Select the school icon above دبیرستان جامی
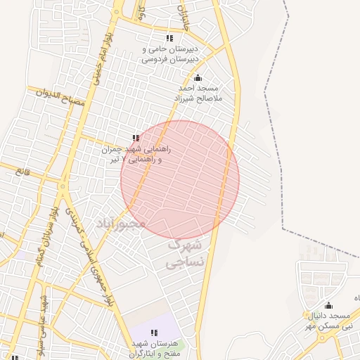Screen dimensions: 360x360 [169, 38]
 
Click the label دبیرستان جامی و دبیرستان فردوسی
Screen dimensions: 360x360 [168, 55]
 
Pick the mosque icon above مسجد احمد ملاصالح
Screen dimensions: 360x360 [198, 78]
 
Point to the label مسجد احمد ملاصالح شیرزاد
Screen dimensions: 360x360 [198, 94]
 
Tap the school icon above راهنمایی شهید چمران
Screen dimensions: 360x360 [135, 139]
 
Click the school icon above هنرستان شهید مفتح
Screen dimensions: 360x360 [154, 333]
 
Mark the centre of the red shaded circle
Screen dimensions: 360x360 [180, 180]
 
